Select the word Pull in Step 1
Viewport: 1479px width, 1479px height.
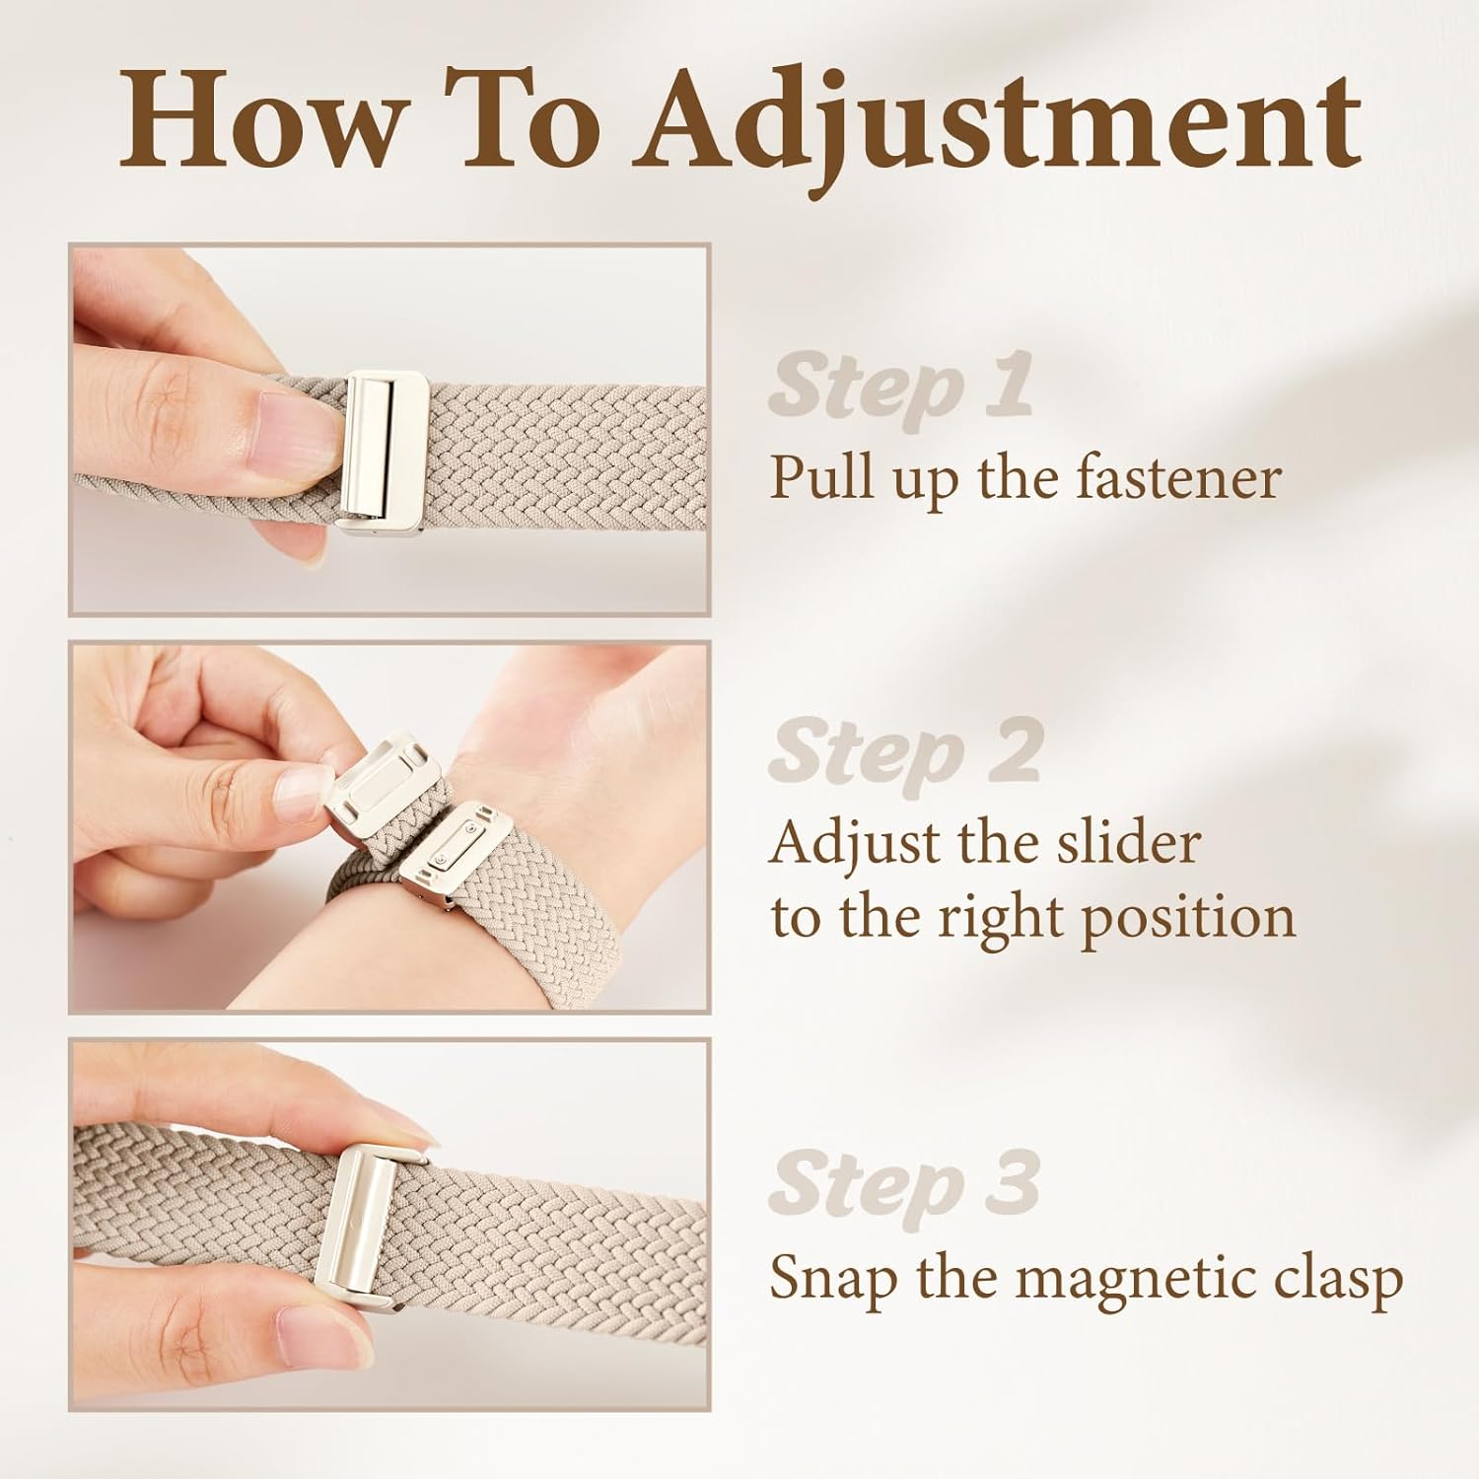811,477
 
